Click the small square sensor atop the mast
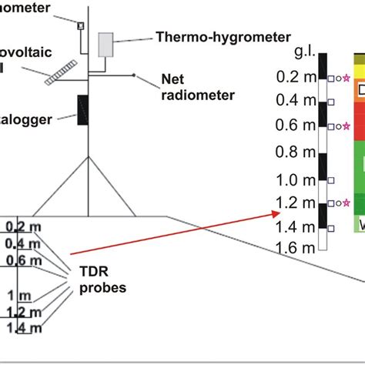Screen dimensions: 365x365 pos(79,25)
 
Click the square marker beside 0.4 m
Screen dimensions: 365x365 pos(331,102)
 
